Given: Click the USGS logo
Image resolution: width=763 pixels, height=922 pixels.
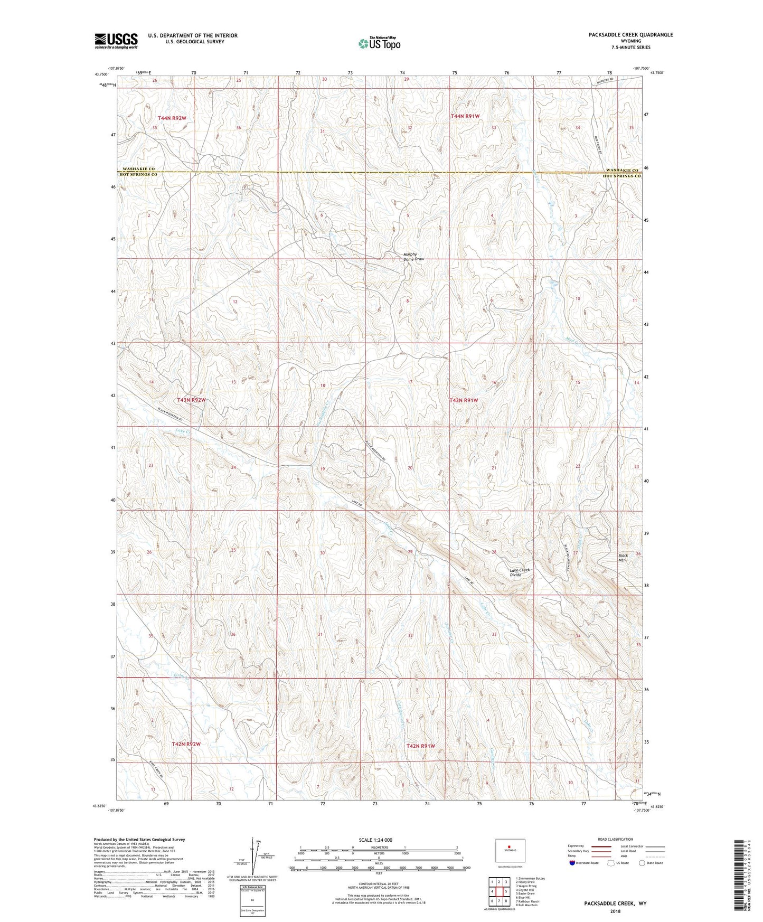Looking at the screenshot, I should click(116, 40).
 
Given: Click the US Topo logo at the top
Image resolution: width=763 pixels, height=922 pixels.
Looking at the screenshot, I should click(379, 43).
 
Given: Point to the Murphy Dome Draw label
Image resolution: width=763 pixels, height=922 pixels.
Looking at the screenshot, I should click(413, 257).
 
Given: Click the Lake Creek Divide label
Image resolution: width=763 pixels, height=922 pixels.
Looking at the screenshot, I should click(520, 572).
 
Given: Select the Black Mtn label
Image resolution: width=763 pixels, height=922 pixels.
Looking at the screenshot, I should click(624, 558).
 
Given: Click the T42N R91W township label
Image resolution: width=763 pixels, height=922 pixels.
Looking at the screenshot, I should click(421, 746).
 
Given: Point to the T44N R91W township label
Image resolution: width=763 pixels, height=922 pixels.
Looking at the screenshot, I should click(465, 116).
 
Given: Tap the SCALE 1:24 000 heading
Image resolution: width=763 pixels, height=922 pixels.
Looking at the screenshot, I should click(375, 840).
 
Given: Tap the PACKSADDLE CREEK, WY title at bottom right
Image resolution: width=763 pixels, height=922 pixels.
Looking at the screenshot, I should click(615, 904).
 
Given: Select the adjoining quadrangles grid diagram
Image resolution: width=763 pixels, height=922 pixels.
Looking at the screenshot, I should click(498, 892).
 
